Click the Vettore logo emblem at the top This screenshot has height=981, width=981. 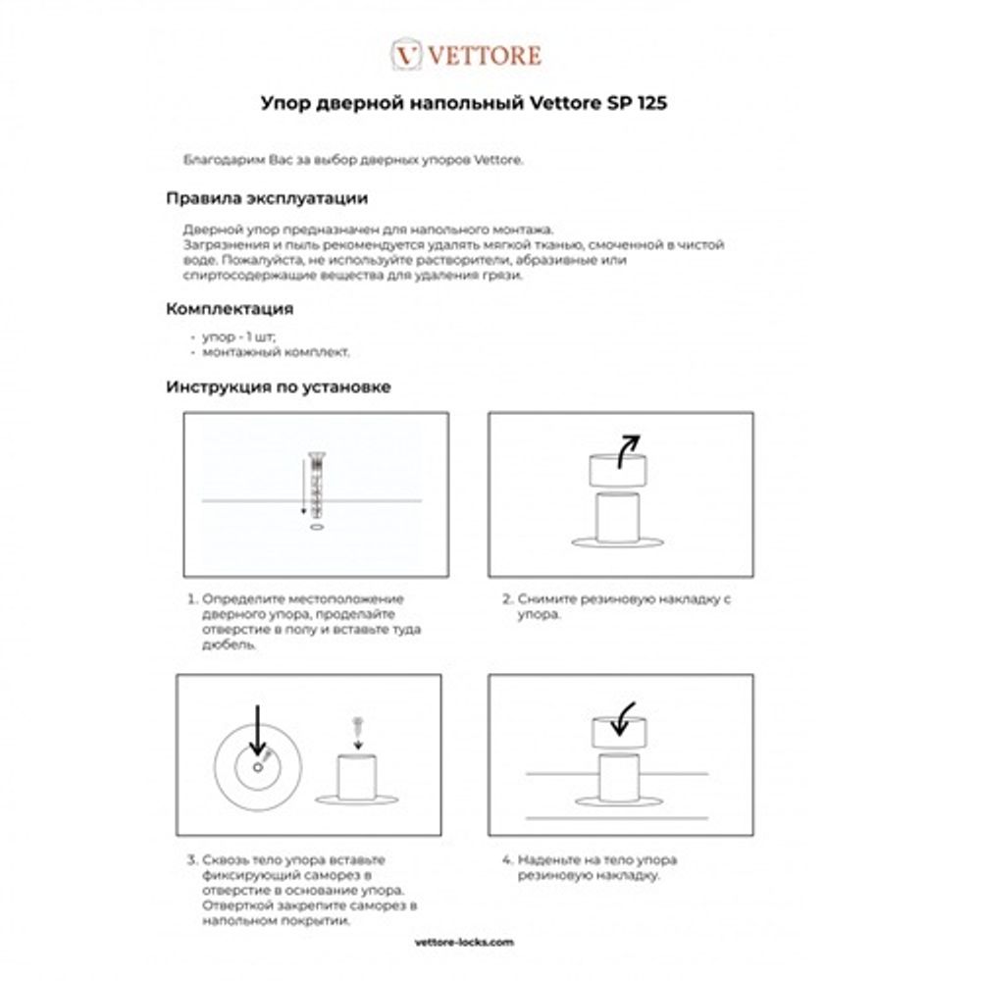[407, 55]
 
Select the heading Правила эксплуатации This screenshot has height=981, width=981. [267, 198]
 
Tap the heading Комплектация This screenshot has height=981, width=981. [230, 309]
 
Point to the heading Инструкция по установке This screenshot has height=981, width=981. [278, 387]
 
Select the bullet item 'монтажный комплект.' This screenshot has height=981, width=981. [276, 350]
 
